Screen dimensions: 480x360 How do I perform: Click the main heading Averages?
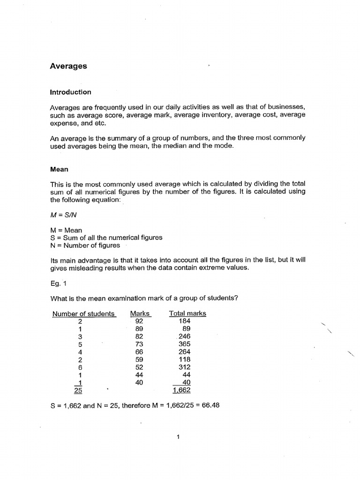coord(68,66)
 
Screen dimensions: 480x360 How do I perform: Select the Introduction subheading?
coord(70,92)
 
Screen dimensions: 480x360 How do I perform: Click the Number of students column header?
coord(84,314)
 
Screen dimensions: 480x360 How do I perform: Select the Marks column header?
coord(140,314)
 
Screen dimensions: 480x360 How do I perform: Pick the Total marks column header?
coord(187,314)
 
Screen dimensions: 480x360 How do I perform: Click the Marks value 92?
coord(139,321)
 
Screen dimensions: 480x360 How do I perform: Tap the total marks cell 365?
coord(185,344)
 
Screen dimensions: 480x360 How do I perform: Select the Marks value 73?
coord(139,344)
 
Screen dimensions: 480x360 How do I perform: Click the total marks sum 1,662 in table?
coord(181,390)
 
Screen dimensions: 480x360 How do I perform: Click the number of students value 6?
coord(81,367)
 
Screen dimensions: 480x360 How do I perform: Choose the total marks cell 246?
coord(185,337)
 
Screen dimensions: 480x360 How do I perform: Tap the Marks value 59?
coord(139,360)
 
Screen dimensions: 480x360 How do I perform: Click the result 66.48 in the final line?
coord(210,405)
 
